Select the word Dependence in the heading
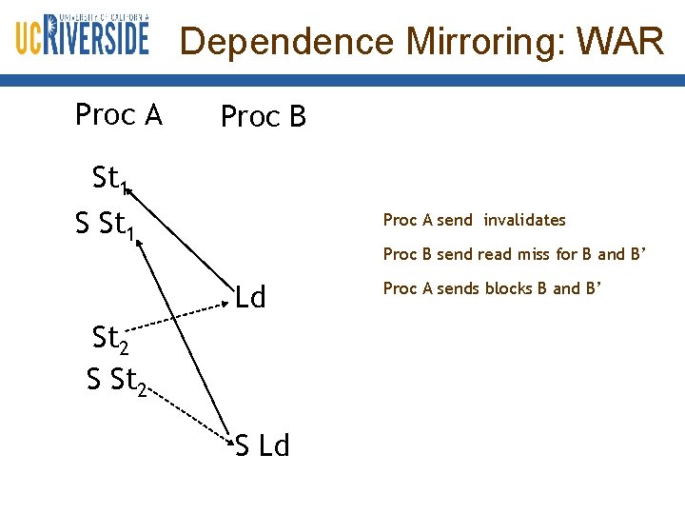tap(286, 42)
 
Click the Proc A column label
tap(119, 115)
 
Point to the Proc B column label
tap(264, 117)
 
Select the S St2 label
tap(116, 381)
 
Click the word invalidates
tap(524, 220)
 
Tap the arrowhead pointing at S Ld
tap(228, 438)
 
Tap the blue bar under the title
tap(342, 83)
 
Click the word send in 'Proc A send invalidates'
tap(454, 220)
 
